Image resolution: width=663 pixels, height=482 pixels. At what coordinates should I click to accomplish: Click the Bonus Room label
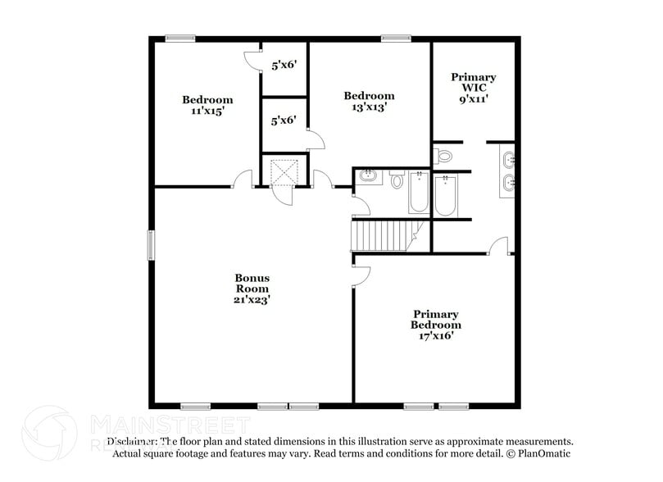[252, 283]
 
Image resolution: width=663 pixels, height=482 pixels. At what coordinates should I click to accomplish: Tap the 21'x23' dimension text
[252, 300]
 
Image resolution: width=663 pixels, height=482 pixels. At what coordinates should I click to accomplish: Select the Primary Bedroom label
[435, 320]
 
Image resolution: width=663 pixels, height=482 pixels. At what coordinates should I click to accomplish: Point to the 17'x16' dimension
[435, 335]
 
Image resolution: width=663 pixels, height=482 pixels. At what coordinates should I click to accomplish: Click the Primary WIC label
[474, 82]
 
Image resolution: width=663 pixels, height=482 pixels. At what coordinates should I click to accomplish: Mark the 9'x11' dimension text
[474, 98]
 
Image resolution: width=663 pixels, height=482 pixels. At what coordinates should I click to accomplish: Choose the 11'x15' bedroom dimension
[207, 111]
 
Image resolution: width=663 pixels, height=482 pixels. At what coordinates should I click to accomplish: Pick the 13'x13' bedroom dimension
[369, 107]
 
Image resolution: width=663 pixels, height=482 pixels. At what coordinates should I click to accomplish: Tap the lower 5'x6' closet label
[284, 120]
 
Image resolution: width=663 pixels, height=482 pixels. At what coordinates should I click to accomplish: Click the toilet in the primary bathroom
[443, 155]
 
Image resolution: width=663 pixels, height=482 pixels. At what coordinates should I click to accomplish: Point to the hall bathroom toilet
[397, 180]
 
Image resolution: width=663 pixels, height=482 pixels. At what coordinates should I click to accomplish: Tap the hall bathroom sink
[368, 175]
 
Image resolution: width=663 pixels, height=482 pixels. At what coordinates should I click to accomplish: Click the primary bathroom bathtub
[445, 195]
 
